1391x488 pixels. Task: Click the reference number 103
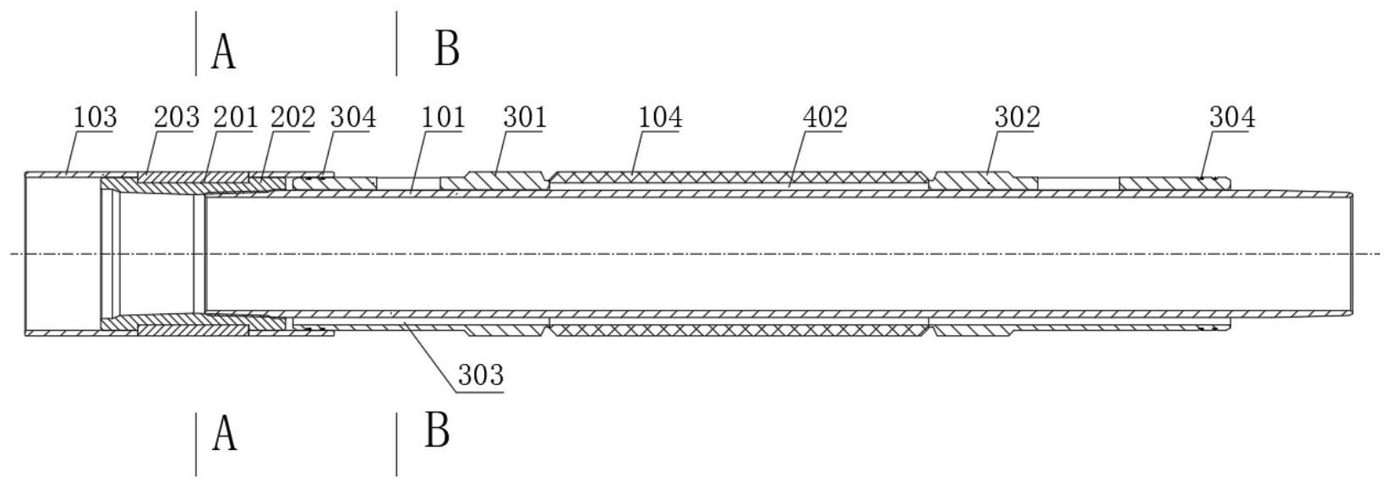click(x=95, y=117)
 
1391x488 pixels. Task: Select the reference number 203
click(x=176, y=117)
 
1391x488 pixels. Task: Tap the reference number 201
click(x=234, y=117)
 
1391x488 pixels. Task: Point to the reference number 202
click(x=292, y=117)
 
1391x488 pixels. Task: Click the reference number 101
click(x=443, y=117)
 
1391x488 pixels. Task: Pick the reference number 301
click(x=525, y=117)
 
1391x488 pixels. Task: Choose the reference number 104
click(x=660, y=117)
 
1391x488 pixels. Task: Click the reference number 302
click(x=1017, y=117)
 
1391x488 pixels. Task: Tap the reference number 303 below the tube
click(x=481, y=374)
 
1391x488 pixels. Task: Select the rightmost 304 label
click(x=1232, y=117)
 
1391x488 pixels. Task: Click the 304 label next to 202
click(x=352, y=117)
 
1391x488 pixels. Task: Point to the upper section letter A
click(x=224, y=52)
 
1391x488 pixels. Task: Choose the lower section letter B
click(x=437, y=431)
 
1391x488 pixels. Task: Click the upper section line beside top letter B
click(x=396, y=43)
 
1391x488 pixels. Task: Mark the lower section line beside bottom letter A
click(x=196, y=444)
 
